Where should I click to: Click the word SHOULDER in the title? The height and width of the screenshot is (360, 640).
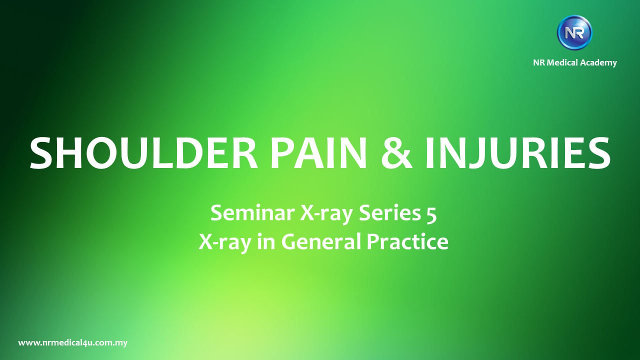pos(144,152)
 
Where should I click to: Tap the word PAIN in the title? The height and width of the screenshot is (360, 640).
pos(318,152)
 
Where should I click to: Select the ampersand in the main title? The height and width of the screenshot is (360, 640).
pos(397,152)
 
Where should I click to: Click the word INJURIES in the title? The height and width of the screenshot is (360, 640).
pos(517,152)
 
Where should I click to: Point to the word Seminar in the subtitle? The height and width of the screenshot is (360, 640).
pos(252,213)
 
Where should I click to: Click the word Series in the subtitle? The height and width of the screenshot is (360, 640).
pos(387,213)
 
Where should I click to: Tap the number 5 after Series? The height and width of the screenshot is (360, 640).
pos(430,213)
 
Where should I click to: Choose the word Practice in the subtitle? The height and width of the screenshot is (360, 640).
pos(407,241)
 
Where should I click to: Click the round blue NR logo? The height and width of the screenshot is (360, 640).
pos(574,33)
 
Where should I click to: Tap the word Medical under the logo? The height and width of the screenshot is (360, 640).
pos(565,62)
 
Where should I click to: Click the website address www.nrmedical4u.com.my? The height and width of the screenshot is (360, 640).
pos(73,343)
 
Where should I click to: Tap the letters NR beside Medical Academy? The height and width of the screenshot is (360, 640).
pos(539,62)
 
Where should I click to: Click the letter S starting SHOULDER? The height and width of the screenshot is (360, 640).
pos(40,152)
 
